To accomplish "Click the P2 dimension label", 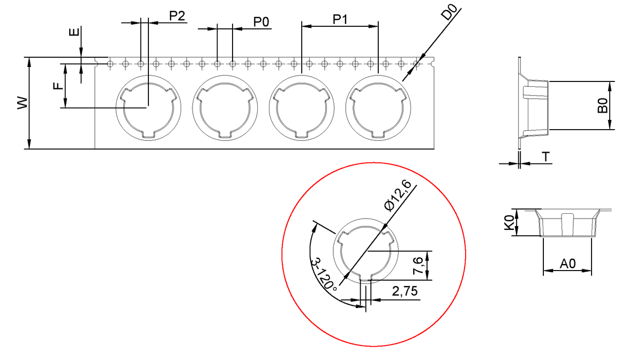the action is point(177,16).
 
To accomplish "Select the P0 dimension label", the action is point(261,22).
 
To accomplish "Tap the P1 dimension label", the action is point(340,19).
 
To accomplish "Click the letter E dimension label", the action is point(74,32).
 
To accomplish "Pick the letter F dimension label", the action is point(58,86).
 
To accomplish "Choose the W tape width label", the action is point(23,103).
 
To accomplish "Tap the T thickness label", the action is point(545,157).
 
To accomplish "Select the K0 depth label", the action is point(509,223).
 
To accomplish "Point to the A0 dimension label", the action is point(568,263).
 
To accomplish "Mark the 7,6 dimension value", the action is point(417,266).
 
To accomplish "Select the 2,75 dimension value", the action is point(405,291).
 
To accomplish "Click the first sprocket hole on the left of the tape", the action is point(110,64).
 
